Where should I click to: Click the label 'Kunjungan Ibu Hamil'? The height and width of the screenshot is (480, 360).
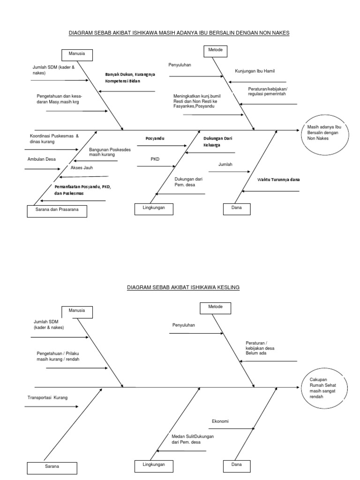[255, 71]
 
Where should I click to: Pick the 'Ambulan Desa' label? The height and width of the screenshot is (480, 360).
[41, 159]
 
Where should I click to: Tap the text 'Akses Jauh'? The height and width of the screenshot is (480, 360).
[82, 167]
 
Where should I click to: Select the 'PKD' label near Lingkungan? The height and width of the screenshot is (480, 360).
[155, 159]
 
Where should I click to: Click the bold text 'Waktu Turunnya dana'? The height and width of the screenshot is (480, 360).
[278, 180]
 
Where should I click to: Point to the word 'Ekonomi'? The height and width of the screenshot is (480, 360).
[220, 421]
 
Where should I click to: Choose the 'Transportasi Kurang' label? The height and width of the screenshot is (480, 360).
[47, 397]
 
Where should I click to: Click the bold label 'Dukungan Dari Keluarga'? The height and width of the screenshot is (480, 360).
[218, 142]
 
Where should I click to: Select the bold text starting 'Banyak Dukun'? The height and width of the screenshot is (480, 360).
[129, 77]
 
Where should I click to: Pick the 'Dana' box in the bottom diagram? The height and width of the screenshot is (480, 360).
[237, 465]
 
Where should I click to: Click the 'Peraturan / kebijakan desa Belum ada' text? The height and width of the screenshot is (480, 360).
[260, 348]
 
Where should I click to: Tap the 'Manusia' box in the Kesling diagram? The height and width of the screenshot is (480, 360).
[77, 311]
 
